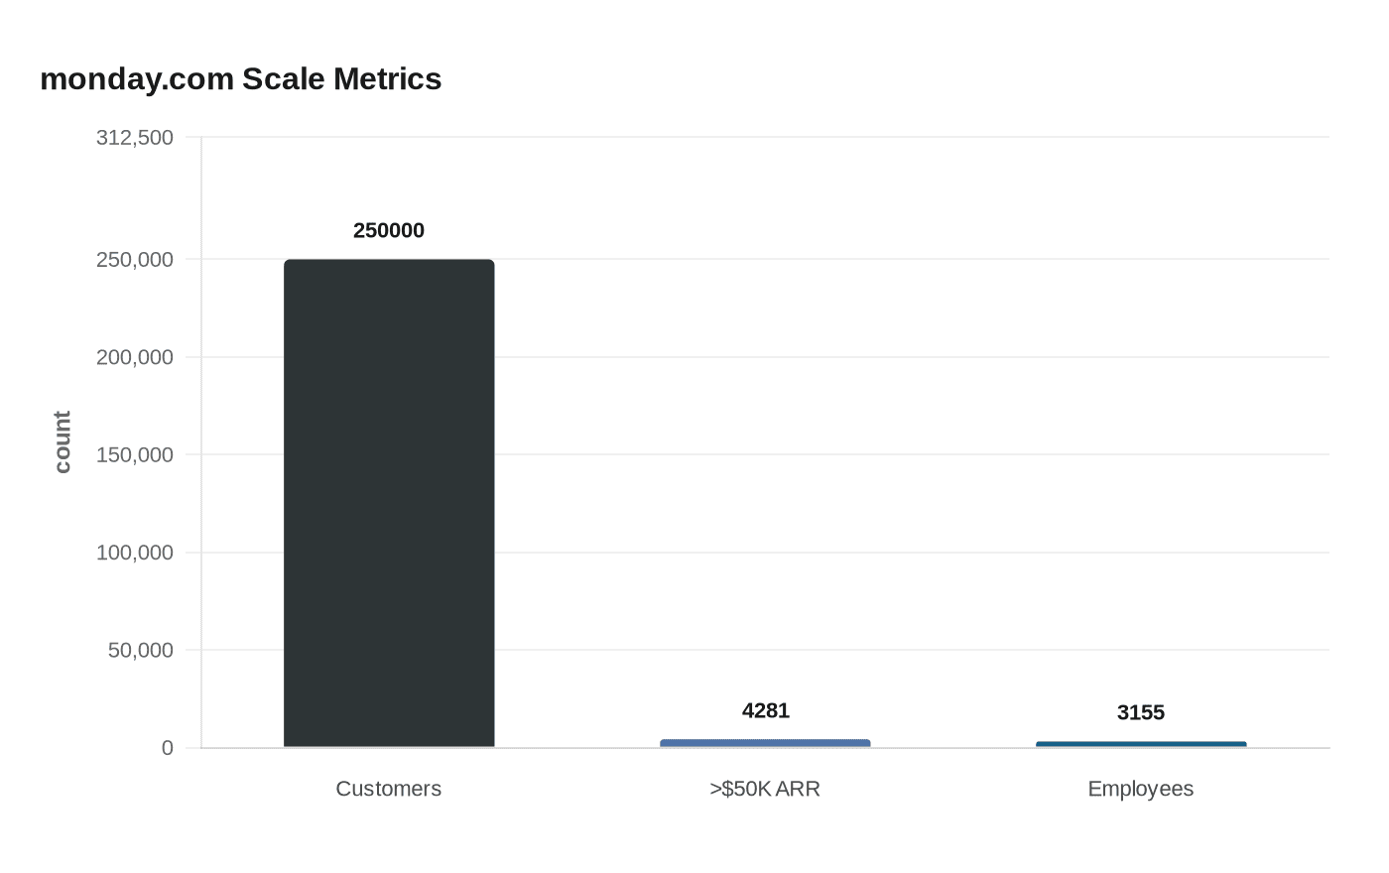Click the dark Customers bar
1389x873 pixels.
(x=389, y=503)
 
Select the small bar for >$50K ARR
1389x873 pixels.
(x=765, y=743)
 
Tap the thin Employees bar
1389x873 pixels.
(x=1141, y=744)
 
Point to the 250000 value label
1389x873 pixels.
(x=389, y=230)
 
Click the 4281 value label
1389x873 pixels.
(x=766, y=710)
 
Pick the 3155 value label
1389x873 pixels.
(x=1141, y=712)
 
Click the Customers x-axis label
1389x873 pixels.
(x=389, y=789)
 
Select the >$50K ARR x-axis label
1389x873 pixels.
(x=765, y=789)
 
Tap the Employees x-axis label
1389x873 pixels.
(x=1141, y=789)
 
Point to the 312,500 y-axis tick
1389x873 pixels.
(x=135, y=138)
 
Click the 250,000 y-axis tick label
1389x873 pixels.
(x=135, y=260)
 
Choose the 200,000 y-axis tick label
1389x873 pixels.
(x=135, y=357)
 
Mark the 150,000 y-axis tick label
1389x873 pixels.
(x=135, y=455)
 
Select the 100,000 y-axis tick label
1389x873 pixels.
(x=135, y=553)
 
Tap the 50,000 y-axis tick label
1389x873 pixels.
(x=141, y=651)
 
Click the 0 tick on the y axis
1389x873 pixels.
(x=168, y=748)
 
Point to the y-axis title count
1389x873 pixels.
(x=63, y=442)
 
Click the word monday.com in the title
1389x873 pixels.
(x=137, y=78)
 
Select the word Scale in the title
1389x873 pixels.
(x=284, y=78)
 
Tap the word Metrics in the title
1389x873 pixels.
(x=387, y=78)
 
